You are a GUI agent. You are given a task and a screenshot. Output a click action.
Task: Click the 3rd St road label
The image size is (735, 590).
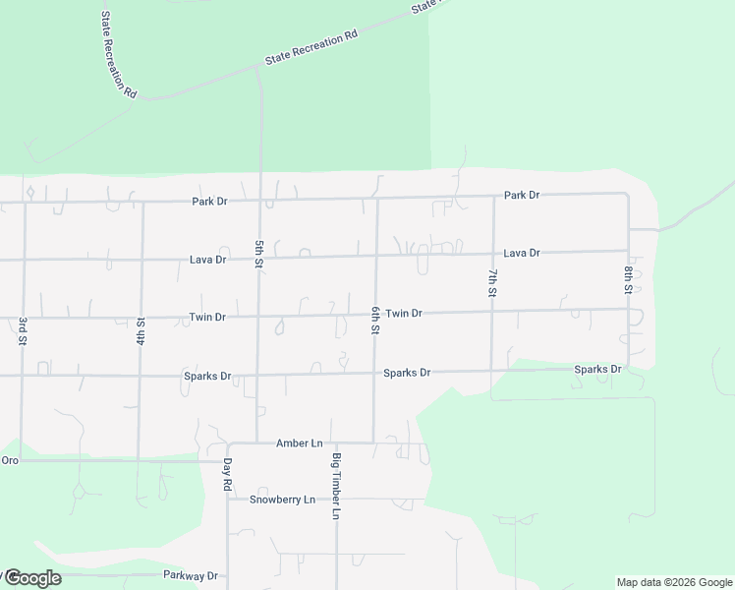point(21,331)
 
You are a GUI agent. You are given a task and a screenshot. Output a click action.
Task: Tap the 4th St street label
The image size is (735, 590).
point(141,331)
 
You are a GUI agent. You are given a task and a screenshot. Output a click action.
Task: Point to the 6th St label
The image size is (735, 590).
point(374,321)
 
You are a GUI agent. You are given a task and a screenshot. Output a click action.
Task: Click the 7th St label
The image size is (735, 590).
point(492,282)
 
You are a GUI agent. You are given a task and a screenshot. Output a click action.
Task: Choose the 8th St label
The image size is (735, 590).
point(627,279)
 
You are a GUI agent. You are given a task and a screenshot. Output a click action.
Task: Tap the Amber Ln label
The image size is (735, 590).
point(299,443)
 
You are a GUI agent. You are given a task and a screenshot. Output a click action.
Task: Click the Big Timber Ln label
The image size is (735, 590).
point(335,487)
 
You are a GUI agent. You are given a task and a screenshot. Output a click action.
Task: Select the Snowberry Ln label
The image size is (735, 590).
point(282,500)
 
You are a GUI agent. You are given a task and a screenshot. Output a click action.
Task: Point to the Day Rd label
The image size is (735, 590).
point(226,474)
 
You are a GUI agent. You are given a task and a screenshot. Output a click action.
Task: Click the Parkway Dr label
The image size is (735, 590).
point(192,576)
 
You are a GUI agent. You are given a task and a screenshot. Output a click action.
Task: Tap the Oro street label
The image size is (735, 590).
point(10,460)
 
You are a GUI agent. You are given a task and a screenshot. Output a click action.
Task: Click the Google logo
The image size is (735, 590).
point(32,578)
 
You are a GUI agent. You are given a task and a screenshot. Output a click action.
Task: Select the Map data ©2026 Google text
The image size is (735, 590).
point(674,582)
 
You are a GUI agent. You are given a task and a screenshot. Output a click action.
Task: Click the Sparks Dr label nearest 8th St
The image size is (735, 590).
point(597,370)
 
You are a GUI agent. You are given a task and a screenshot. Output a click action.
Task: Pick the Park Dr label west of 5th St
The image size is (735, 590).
point(209,202)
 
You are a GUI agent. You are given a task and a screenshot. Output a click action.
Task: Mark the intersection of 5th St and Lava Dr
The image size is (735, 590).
point(259,259)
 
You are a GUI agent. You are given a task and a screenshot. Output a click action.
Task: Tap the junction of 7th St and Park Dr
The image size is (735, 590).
point(493,196)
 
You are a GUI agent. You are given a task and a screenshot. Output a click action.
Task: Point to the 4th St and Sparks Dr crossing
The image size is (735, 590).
point(141,376)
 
